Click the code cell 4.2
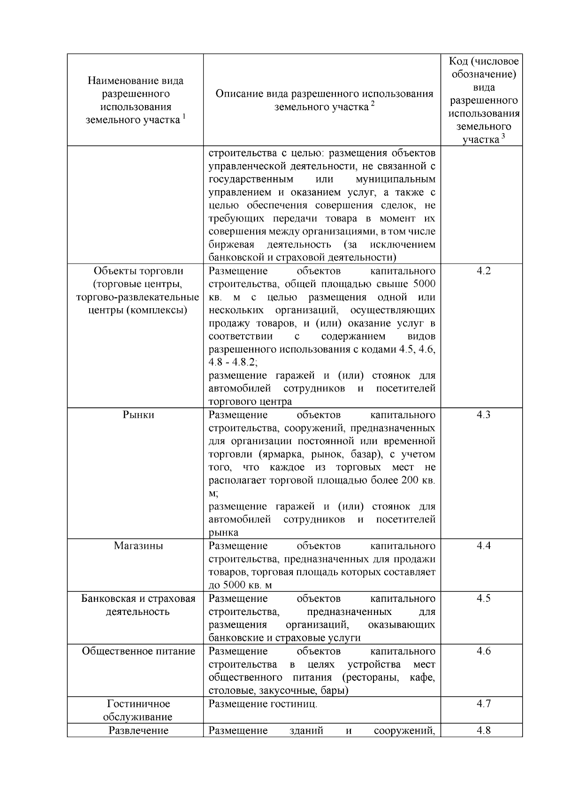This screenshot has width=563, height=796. coord(483,271)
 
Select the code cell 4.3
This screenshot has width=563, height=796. coord(483,415)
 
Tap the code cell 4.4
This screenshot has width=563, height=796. coord(483,546)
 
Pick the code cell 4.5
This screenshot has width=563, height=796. coord(483,599)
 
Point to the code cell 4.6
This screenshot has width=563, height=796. coord(483,652)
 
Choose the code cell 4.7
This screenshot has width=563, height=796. coord(483,704)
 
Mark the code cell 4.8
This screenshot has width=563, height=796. coord(483,730)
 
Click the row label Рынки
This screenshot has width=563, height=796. coord(138,415)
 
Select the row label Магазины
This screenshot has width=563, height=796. coord(138,546)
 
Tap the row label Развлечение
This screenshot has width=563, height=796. coord(138,730)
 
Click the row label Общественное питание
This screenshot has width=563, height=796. coord(138,652)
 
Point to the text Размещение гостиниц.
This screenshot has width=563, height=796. coord(263,704)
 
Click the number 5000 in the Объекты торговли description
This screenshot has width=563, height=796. coord(425,284)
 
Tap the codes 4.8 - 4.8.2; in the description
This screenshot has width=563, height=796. coord(233,363)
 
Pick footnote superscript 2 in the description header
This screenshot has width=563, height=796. coord(373,104)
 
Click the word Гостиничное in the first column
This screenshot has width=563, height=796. coord(138,704)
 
